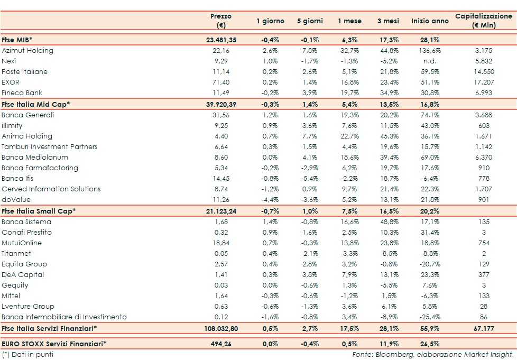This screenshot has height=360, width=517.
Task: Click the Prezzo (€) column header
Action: tap(220, 21)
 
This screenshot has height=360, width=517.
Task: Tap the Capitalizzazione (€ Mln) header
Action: tap(483, 21)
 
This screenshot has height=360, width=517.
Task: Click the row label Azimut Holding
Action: tap(27, 51)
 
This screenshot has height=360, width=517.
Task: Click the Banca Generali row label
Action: tap(27, 115)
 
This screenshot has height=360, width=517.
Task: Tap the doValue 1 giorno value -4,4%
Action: tap(270, 200)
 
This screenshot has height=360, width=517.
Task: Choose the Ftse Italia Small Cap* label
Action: tap(39, 211)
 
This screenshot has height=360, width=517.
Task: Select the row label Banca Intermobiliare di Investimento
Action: tap(64, 317)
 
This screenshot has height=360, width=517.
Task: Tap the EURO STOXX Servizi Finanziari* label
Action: tap(54, 344)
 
